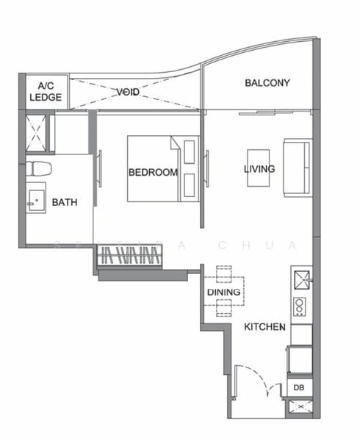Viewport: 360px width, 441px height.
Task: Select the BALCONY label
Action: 267,83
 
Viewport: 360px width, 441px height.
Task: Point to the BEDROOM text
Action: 153,173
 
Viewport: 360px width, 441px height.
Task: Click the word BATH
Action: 65,202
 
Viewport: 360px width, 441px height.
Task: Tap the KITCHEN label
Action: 265,326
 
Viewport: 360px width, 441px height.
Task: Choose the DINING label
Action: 223,293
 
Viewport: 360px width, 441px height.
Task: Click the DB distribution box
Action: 299,387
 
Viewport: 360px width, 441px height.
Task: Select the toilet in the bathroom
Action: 38,169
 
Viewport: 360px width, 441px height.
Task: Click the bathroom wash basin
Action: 35,200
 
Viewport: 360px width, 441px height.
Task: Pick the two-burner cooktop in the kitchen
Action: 300,306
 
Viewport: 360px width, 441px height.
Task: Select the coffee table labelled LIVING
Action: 259,168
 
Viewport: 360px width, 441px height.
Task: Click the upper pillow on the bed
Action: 190,151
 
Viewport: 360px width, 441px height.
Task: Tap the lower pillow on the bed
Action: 190,184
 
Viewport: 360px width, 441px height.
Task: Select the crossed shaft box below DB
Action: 299,406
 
